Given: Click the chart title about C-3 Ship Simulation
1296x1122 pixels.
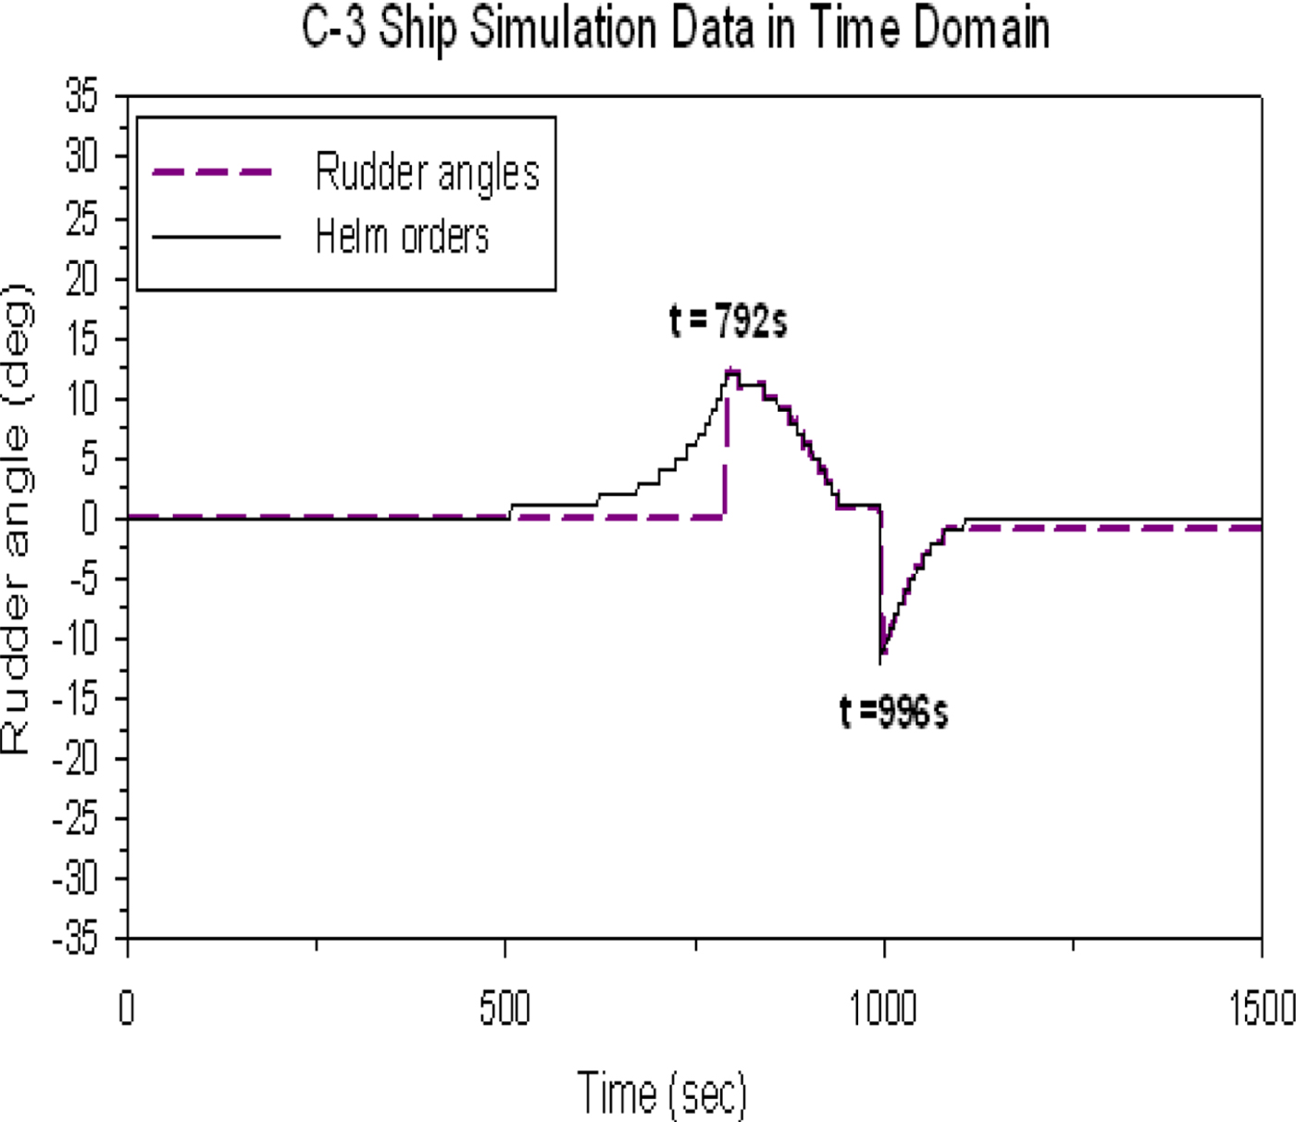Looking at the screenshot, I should [x=676, y=29].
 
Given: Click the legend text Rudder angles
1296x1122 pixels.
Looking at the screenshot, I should [x=427, y=172].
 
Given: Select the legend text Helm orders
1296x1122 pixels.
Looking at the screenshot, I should [x=402, y=237].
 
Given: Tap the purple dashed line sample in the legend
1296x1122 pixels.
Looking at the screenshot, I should [x=214, y=172].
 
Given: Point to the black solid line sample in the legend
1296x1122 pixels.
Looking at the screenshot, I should [x=216, y=237].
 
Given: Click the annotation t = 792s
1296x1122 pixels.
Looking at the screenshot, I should [x=728, y=321].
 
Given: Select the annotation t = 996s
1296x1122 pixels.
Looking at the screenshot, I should [x=893, y=712].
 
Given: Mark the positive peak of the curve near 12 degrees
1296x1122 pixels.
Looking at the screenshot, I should [x=732, y=371].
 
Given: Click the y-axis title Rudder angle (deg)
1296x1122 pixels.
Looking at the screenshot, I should [x=17, y=518].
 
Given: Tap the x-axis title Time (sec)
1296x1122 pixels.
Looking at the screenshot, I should [x=662, y=1092].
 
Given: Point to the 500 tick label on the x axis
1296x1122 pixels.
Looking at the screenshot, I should [x=505, y=1008].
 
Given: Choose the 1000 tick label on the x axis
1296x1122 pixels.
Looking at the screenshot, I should [x=883, y=1008].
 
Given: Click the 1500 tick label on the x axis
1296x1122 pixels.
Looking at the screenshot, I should [x=1261, y=1008].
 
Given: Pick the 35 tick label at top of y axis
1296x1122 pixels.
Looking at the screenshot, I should [x=81, y=95].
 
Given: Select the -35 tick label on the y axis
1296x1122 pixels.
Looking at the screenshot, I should [x=74, y=939].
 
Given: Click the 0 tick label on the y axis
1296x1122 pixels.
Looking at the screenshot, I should [x=89, y=518].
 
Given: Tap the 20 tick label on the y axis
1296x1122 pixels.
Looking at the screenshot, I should [x=81, y=278].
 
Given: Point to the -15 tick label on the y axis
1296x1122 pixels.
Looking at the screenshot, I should [x=74, y=699].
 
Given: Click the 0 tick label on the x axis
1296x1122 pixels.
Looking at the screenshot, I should [x=127, y=1008].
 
